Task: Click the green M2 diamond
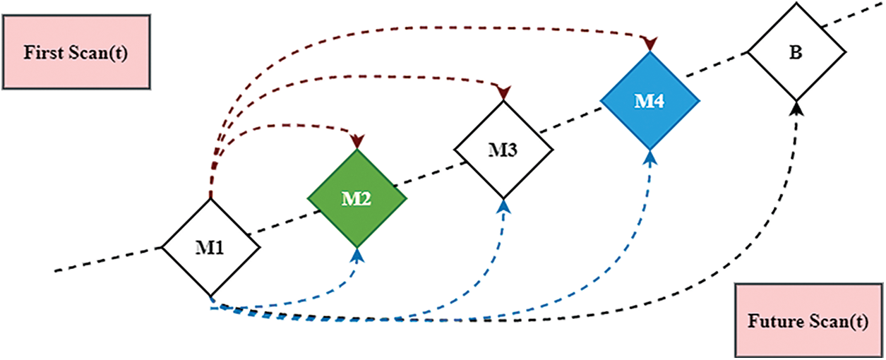[357, 198]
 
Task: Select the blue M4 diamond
[649, 100]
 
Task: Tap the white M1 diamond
[211, 247]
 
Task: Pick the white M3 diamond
[503, 149]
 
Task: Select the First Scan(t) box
[76, 53]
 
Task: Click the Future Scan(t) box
[808, 322]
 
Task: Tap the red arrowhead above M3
[503, 92]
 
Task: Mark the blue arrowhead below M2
[358, 256]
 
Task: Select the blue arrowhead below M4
[650, 158]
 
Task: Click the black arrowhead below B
[797, 108]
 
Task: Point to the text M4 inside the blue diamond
[649, 101]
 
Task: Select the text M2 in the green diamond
[357, 199]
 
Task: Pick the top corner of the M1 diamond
[211, 200]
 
